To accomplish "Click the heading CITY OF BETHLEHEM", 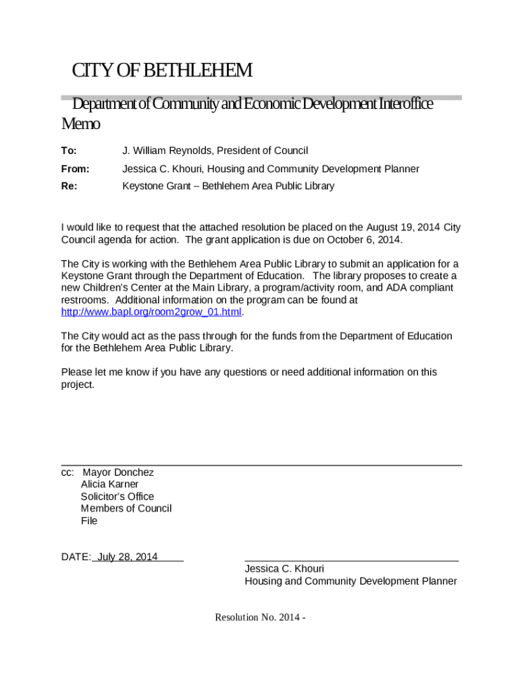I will tap(162, 70).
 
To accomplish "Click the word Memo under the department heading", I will tap(80, 124).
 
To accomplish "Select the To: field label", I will tap(69, 151).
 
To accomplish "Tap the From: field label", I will tap(75, 169).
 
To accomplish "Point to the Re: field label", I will tap(69, 186).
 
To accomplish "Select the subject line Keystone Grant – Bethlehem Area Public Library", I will tap(228, 186).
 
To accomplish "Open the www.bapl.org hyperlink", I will tap(151, 312).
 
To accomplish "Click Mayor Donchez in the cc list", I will tap(118, 472).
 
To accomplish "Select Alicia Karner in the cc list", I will tap(109, 485).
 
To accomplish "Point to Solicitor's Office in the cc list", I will tap(117, 497).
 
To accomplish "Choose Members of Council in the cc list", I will tap(126, 508).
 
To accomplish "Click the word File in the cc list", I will tap(89, 520).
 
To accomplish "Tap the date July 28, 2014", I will tap(128, 557).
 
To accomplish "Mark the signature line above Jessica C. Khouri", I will tap(351, 560).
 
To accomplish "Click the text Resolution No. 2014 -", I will tap(261, 617).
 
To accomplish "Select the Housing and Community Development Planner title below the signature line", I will tap(350, 581).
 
